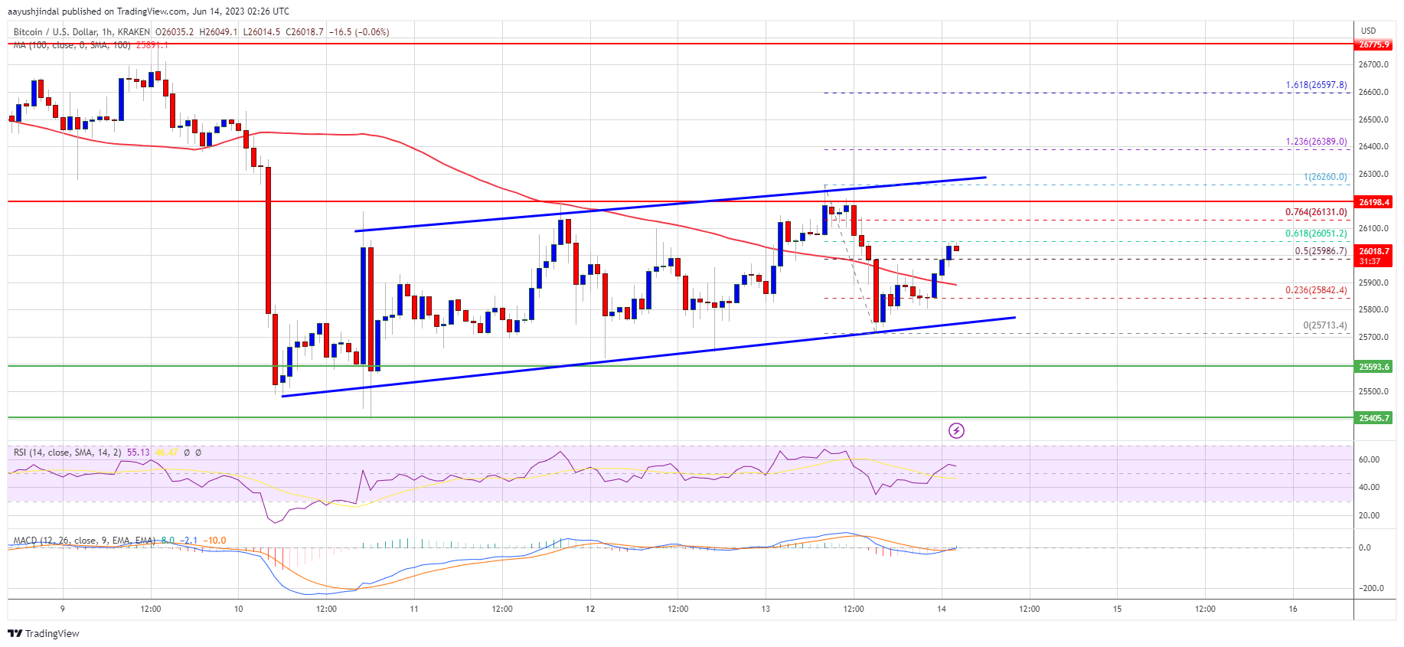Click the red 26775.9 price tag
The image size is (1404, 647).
click(1373, 44)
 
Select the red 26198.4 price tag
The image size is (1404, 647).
click(1373, 202)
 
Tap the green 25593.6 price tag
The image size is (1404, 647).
click(1373, 367)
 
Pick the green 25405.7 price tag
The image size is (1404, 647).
click(1373, 418)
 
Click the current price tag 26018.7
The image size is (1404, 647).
click(1373, 251)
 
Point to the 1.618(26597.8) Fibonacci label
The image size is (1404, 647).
click(1316, 85)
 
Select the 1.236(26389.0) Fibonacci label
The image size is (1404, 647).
click(1316, 142)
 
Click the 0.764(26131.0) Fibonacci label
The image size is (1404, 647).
click(1316, 212)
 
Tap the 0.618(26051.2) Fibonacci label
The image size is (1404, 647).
click(1316, 234)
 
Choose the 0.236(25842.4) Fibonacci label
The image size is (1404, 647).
click(1316, 290)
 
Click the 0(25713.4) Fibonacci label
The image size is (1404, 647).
click(1324, 325)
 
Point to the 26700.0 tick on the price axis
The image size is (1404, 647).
click(1373, 64)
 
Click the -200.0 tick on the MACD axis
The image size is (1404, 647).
click(1371, 588)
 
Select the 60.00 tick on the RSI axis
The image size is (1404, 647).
click(1369, 459)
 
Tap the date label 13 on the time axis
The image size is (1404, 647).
click(766, 609)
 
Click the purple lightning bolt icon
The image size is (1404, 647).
click(956, 430)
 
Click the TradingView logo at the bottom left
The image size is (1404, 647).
click(44, 633)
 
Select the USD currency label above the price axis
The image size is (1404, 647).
click(1368, 31)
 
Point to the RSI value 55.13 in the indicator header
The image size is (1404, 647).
click(138, 453)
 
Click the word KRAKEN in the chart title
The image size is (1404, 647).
click(134, 32)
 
